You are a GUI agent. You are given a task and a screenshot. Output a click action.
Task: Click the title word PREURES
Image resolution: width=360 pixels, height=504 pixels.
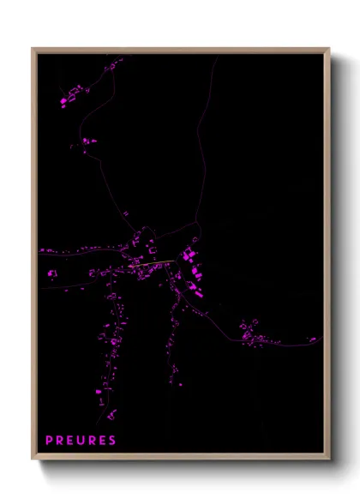(x=81, y=441)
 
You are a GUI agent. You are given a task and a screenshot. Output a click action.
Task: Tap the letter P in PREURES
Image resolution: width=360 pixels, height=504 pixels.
(x=50, y=441)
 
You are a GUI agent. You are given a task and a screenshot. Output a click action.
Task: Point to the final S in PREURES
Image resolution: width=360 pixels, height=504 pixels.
(x=112, y=441)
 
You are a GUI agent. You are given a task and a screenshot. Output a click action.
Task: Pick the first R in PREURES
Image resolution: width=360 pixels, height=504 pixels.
(x=60, y=441)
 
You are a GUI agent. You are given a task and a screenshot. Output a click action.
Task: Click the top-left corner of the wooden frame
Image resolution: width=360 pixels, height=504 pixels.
(x=33, y=49)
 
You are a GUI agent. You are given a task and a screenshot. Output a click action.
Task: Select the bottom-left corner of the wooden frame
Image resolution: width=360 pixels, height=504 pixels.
(x=33, y=459)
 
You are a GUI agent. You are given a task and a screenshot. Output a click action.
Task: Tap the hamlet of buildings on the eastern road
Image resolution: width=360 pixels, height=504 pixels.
(x=252, y=333)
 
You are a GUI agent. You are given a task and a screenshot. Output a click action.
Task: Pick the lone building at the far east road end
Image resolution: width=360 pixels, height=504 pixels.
(x=313, y=339)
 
